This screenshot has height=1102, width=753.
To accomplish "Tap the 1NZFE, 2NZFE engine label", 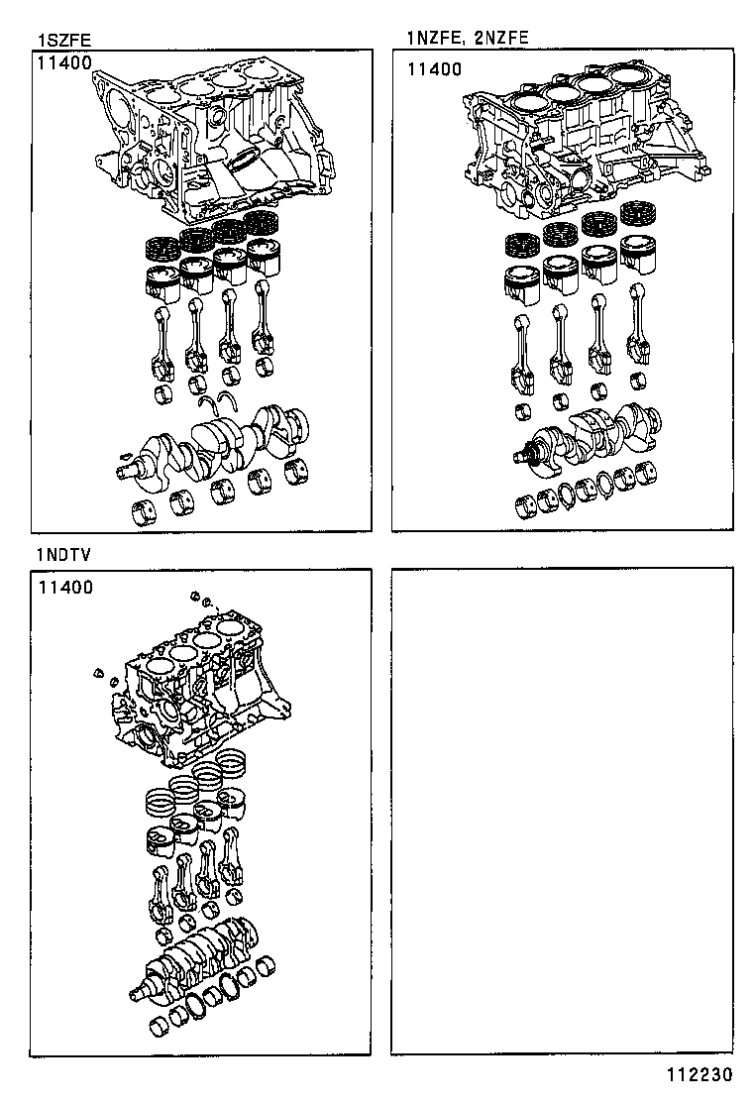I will (467, 38).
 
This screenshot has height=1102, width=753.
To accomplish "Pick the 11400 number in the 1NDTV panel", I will (65, 587).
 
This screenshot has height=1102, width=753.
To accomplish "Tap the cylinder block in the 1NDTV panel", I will (198, 694).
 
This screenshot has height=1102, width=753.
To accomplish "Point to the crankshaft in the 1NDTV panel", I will (198, 956).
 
